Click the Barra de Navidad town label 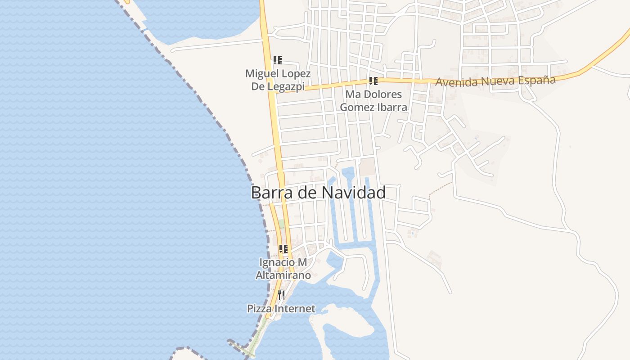[x=318, y=193]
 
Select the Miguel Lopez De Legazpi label [x=278, y=80]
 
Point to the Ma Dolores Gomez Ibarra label [x=373, y=101]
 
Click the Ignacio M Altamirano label [x=283, y=268]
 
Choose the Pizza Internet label [x=281, y=309]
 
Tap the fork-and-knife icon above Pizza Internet [x=281, y=295]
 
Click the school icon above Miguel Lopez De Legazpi [x=278, y=60]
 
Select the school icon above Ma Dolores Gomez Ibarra [x=373, y=81]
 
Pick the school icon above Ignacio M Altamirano [x=283, y=248]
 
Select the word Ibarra [x=392, y=107]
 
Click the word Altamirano [x=283, y=275]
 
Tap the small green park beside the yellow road [x=282, y=224]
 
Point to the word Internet [x=295, y=309]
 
